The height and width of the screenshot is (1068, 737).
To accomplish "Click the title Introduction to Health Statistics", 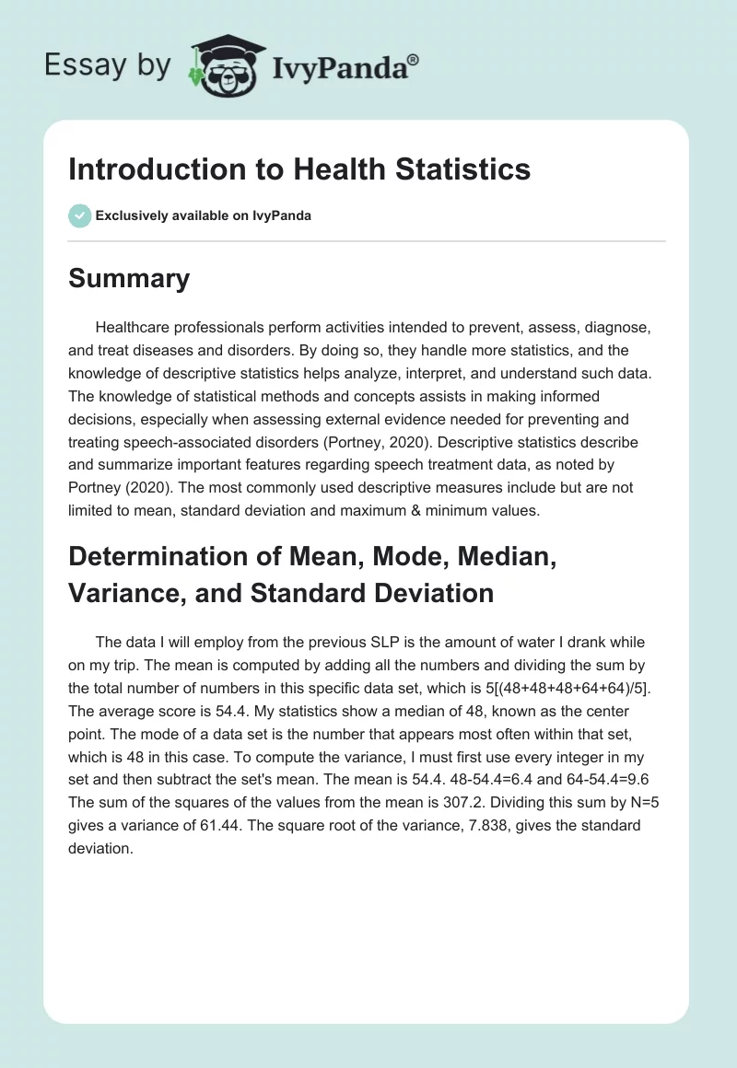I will tap(299, 169).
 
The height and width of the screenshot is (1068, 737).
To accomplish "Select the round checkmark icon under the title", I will tap(79, 215).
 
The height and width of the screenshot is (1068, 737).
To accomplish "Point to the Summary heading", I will tap(129, 278).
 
